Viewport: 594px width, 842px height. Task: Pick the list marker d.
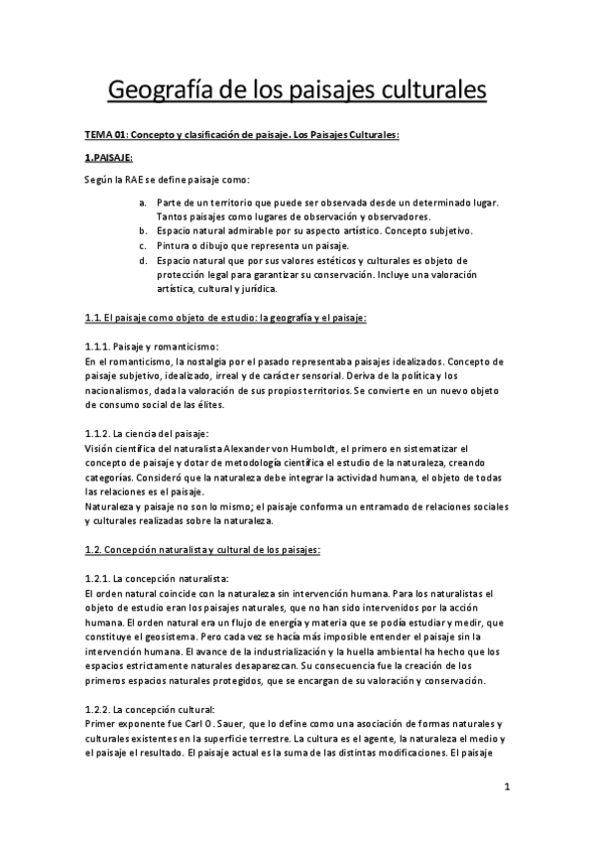[x=143, y=260]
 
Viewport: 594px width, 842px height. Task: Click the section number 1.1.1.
[x=96, y=347]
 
